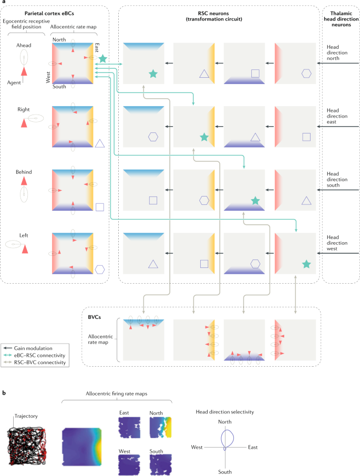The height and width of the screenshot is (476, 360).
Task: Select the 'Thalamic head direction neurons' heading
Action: coord(340,15)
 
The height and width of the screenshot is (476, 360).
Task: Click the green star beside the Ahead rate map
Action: coord(102,58)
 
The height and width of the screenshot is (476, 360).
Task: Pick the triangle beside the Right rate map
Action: coord(100,143)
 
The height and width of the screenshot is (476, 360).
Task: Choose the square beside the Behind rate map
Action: coord(100,207)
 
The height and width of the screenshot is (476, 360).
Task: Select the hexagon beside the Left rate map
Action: coord(100,270)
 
